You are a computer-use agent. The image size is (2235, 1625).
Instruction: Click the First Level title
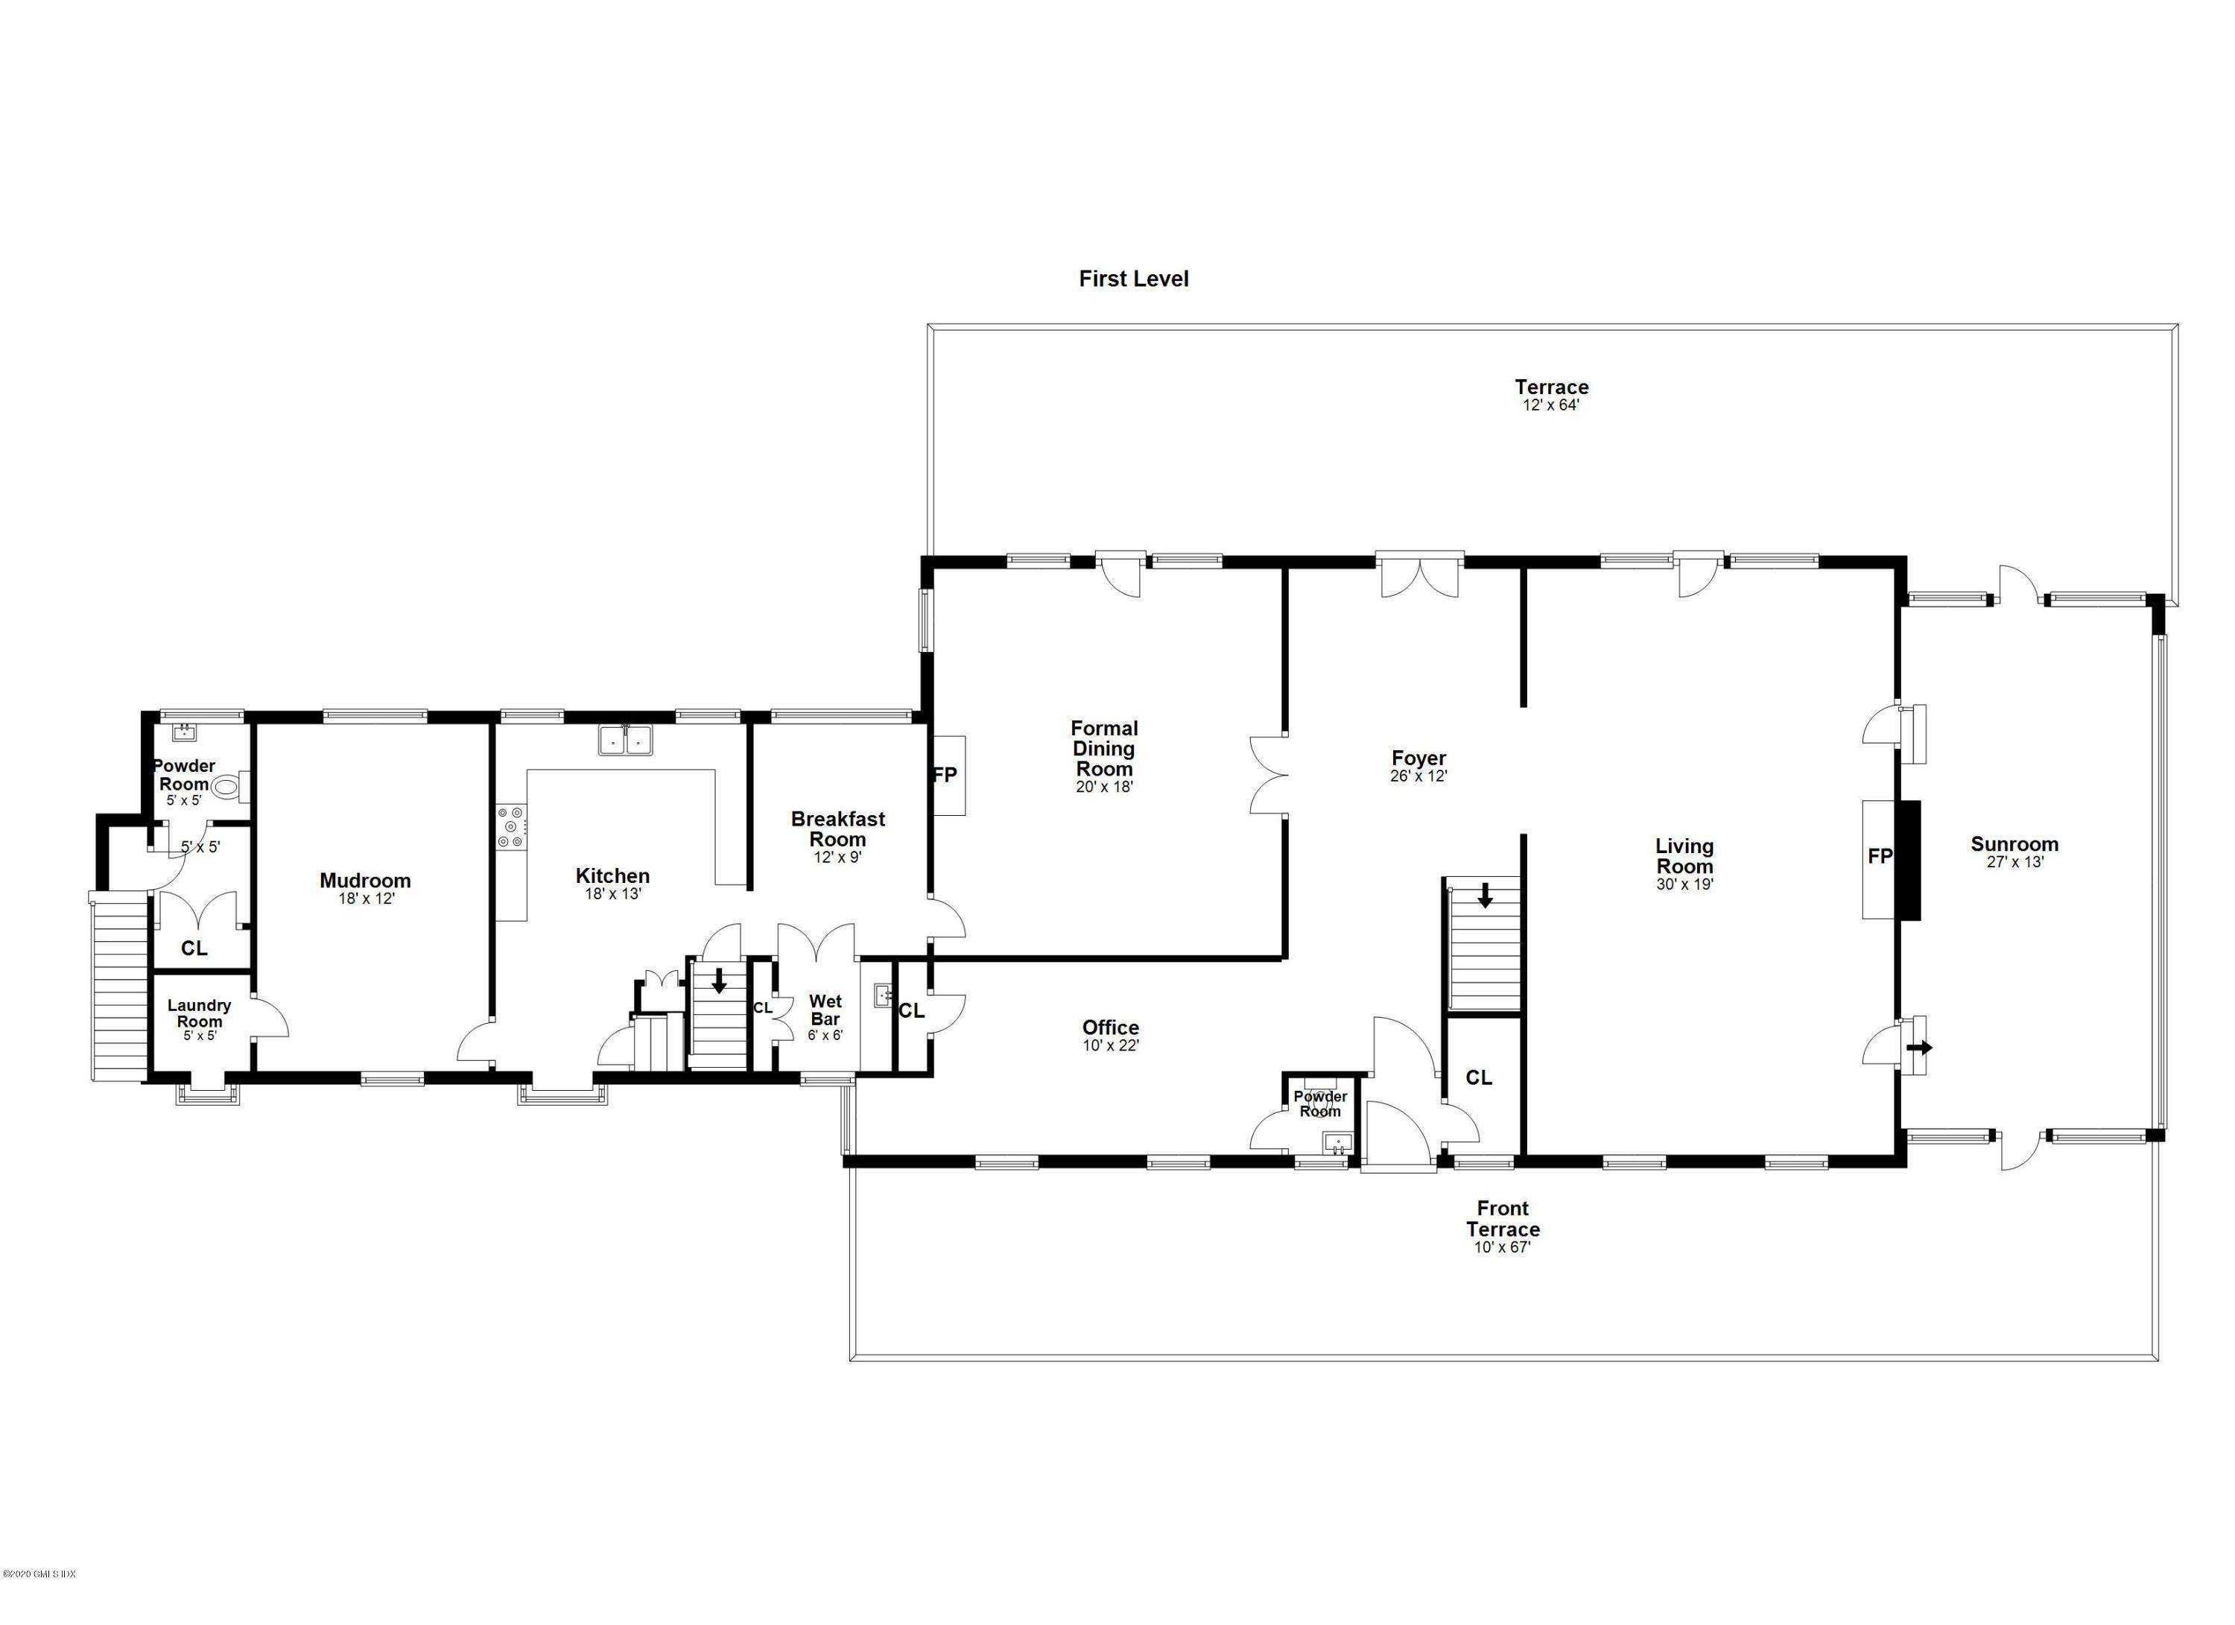pos(1133,279)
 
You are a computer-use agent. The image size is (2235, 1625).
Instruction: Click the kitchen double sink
pos(625,739)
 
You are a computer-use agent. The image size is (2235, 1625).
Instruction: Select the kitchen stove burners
pos(512,827)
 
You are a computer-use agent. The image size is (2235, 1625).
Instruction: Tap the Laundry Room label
pos(199,1013)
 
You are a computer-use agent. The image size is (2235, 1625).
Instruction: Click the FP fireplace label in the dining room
pos(944,775)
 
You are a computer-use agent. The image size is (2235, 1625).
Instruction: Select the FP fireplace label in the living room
pos(1879,856)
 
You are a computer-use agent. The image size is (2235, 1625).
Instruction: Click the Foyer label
pos(1418,758)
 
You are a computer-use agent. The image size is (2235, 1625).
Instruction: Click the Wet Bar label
pos(825,1010)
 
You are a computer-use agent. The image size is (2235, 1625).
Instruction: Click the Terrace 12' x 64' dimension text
pos(1551,405)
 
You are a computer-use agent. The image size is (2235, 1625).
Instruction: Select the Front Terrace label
pos(1502,1219)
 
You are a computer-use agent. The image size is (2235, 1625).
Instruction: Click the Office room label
pos(1111,1027)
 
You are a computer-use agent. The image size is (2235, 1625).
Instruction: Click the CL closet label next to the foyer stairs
pos(1478,1078)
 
